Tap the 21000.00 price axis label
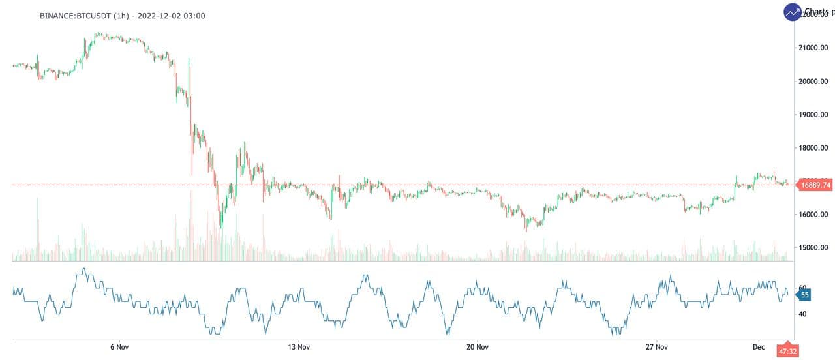point(814,48)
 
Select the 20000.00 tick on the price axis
point(814,82)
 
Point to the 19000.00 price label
point(814,115)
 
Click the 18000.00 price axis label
point(814,148)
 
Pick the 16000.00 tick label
point(814,215)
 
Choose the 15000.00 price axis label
point(814,248)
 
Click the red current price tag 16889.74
point(815,185)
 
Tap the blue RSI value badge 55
point(804,295)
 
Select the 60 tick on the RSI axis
point(803,288)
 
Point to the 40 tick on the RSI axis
point(803,314)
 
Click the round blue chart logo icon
point(793,12)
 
